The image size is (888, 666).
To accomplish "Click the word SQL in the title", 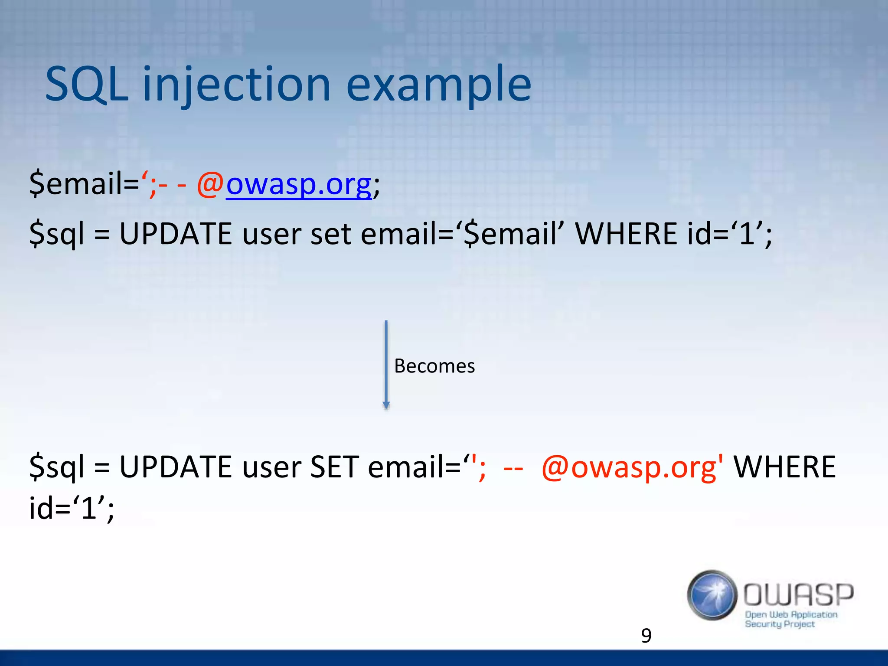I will pos(87,84).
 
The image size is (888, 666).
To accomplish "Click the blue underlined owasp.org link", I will pos(299,184).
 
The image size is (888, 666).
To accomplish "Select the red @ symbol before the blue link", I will pos(210,184).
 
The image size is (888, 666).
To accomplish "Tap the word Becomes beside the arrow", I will pos(434,366).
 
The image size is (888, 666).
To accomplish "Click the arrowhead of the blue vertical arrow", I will pos(386,405).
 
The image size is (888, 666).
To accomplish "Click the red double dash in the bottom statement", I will pos(513,468).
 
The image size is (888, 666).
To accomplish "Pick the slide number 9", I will pos(646,636).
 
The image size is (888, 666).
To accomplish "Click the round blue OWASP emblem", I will pos(712,595).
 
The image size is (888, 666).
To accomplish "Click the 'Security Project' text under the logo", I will pos(780,624).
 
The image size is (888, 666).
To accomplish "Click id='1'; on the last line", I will pos(72,508).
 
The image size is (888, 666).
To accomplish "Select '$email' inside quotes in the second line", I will pos(510,234).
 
